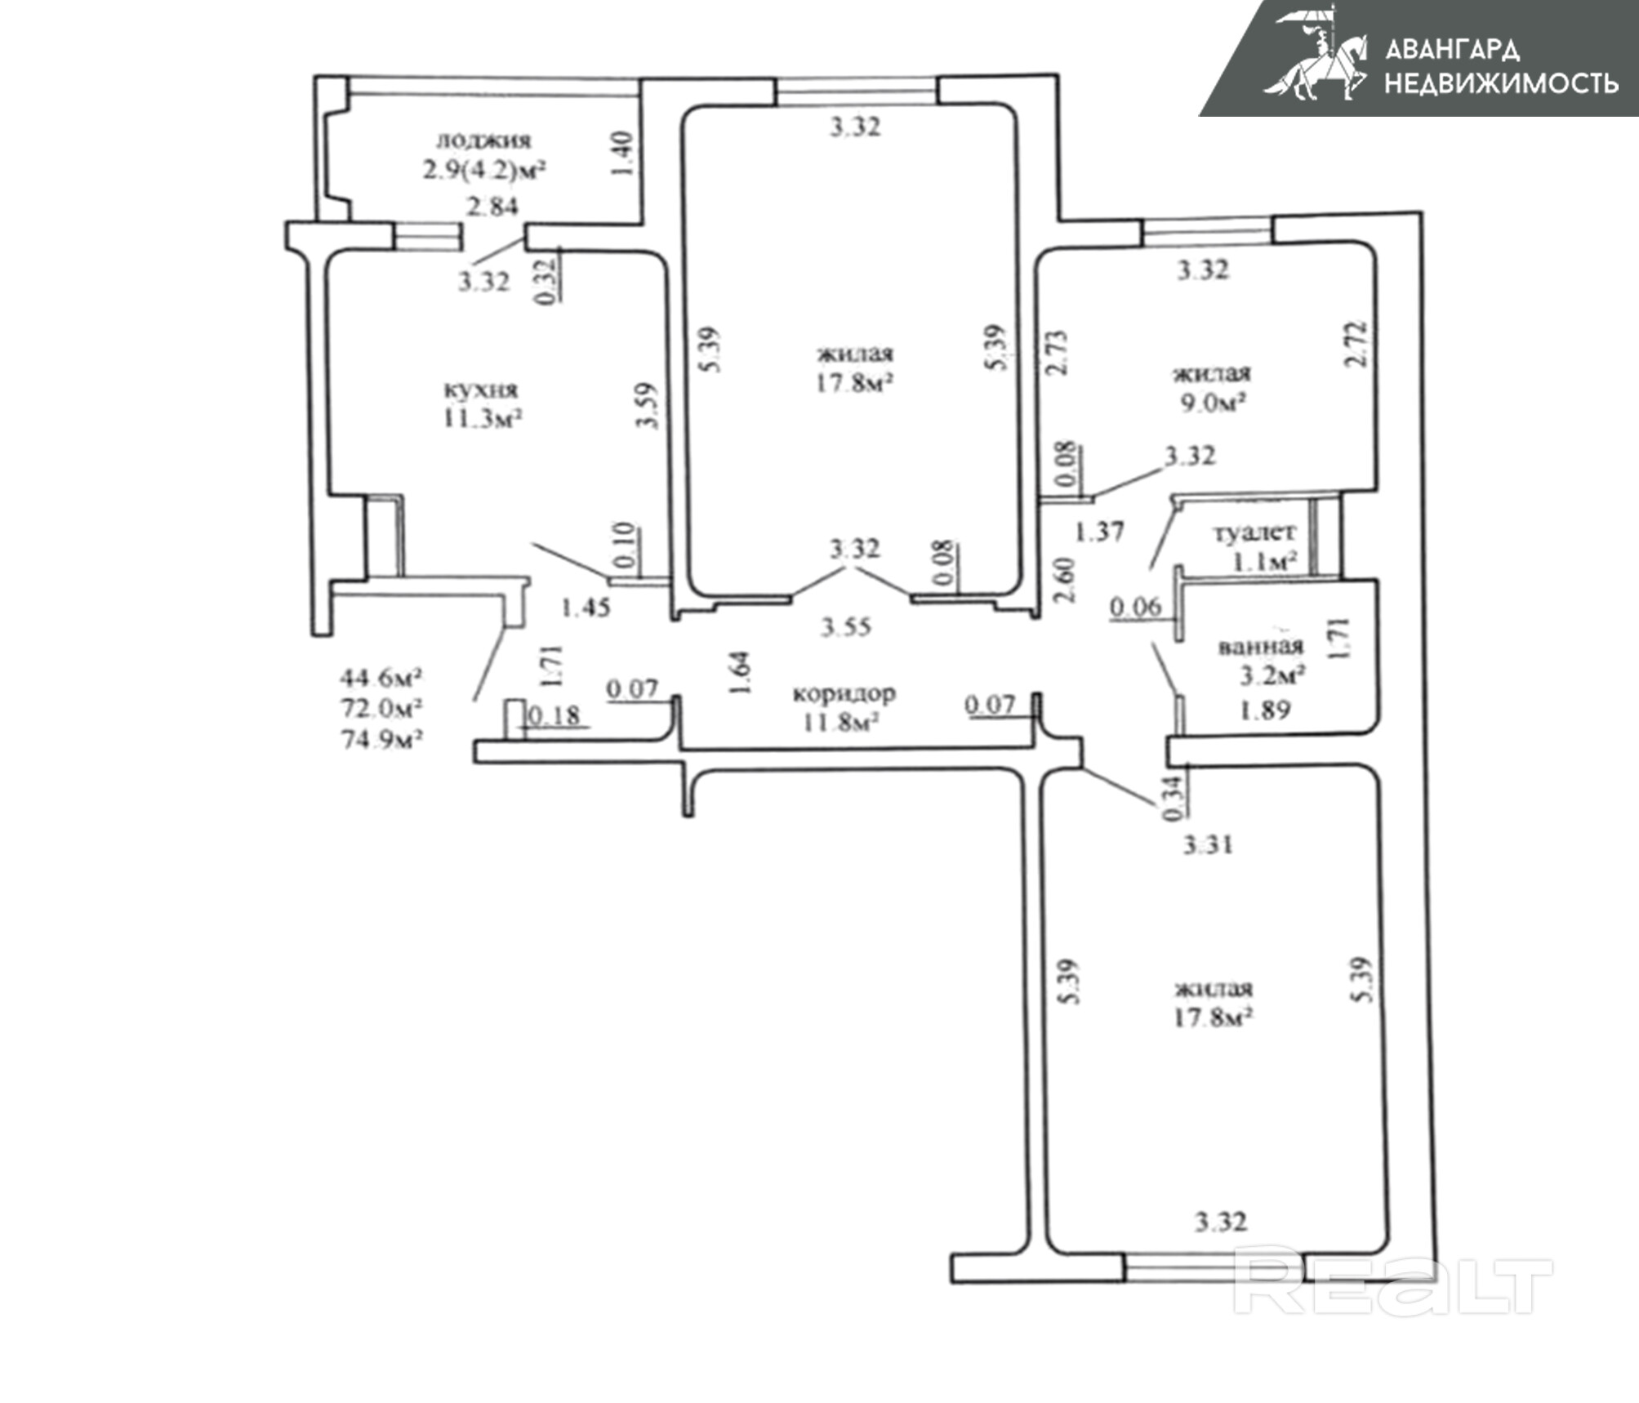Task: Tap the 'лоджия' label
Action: tap(483, 140)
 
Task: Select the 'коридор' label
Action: tap(844, 693)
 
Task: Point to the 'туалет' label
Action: tap(1254, 532)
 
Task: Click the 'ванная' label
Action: tap(1260, 647)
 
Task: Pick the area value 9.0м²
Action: tap(1214, 403)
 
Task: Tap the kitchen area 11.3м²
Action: tap(482, 419)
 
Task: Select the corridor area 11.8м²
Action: tap(840, 723)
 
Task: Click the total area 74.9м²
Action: tap(381, 739)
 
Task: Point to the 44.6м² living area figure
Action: tap(381, 677)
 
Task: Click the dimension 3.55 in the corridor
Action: tap(846, 627)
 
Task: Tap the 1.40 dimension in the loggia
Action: tap(621, 154)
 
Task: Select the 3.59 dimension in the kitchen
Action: tap(649, 406)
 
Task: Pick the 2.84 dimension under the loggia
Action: tap(492, 206)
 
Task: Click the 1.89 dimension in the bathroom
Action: tap(1265, 710)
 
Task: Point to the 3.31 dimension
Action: tap(1208, 844)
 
